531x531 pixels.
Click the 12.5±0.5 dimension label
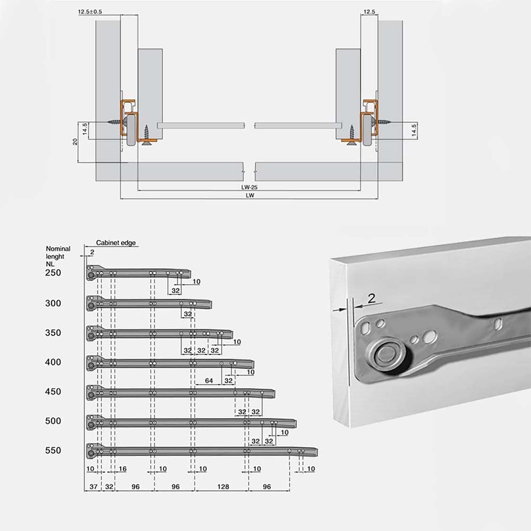click(90, 12)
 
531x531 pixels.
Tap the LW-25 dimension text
click(249, 187)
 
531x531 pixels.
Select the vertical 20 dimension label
click(75, 142)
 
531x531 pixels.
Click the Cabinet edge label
click(116, 243)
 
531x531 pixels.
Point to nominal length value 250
click(53, 273)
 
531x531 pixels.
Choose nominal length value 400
click(53, 362)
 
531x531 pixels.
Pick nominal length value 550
click(53, 450)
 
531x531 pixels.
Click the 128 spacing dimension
click(223, 487)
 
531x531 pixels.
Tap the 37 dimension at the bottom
click(94, 487)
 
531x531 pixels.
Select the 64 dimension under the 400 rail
click(209, 381)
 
